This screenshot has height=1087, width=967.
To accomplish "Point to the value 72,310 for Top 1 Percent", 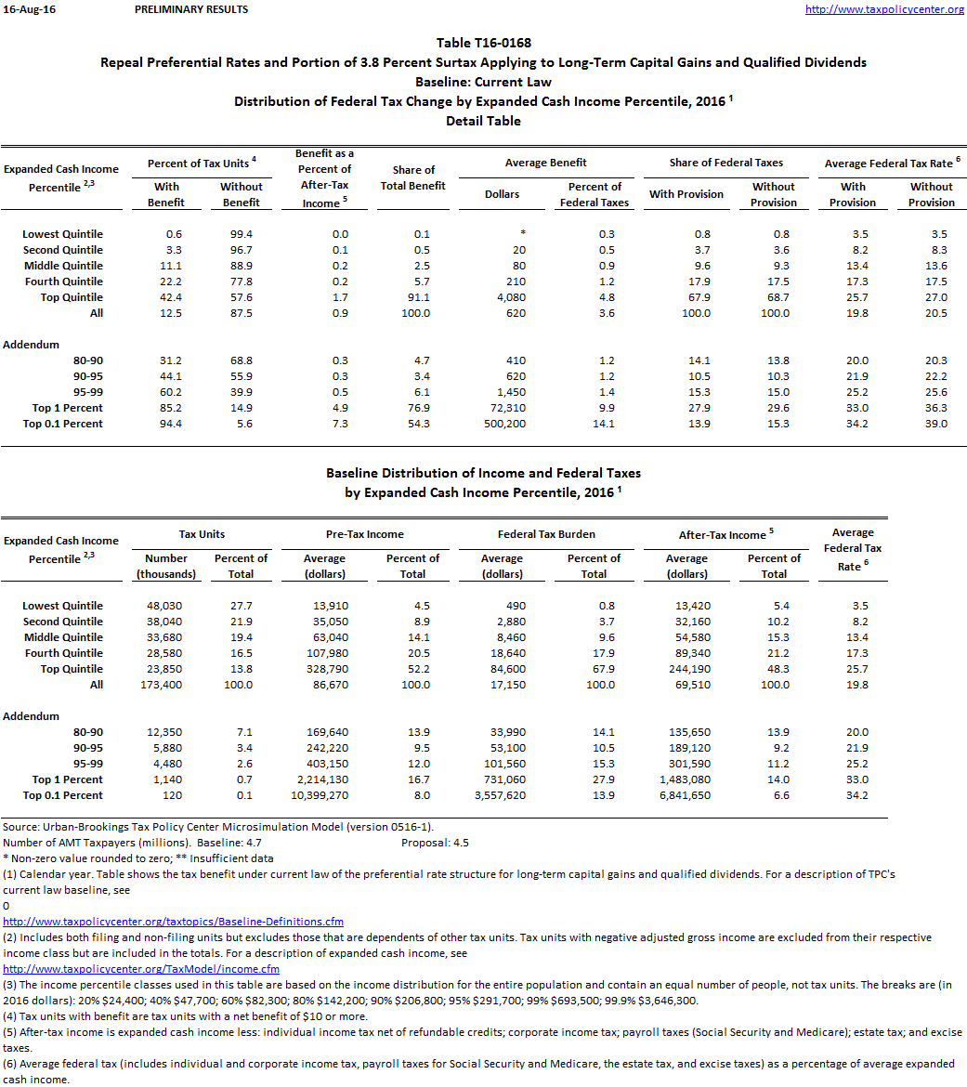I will tap(507, 408).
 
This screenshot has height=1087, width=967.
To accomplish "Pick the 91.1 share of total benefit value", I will tap(421, 297).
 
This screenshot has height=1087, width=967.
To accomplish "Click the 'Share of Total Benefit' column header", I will tap(413, 177).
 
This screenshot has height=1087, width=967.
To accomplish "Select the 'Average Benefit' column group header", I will tap(545, 163).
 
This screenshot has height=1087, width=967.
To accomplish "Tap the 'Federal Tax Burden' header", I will tap(545, 534).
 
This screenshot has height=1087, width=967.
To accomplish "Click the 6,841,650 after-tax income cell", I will tap(686, 795).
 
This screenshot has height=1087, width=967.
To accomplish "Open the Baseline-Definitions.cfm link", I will tap(174, 922).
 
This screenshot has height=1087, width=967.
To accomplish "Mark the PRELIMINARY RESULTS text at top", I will tap(191, 9).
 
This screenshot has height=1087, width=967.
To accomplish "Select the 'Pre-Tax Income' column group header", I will tap(365, 534).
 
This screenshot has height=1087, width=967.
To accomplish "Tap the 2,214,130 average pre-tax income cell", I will tap(324, 779).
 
